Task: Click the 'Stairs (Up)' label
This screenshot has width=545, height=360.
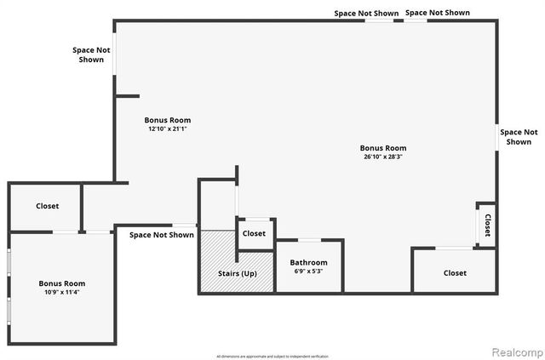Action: tap(238, 273)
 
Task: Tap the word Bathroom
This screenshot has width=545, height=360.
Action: tap(308, 262)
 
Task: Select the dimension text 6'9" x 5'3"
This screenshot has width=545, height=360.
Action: tap(308, 271)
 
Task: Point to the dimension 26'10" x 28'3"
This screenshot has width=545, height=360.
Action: tap(383, 157)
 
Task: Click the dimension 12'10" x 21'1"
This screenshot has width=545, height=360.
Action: tap(169, 129)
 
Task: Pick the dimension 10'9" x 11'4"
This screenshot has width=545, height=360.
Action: tap(62, 292)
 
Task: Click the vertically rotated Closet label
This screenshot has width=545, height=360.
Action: tap(488, 225)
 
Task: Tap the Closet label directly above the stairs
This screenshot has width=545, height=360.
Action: tap(254, 233)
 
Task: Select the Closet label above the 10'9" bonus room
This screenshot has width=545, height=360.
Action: tap(48, 206)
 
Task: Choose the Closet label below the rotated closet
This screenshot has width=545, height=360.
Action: tap(456, 273)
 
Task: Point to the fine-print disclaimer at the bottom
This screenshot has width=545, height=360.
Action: tap(272, 355)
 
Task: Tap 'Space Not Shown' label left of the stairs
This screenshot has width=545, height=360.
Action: tap(162, 235)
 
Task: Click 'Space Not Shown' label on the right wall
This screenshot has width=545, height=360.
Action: tap(519, 137)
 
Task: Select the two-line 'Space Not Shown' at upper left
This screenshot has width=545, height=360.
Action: tap(91, 54)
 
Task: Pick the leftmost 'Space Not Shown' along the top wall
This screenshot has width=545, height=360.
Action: tap(366, 13)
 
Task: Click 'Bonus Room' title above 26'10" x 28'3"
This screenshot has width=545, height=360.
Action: tap(383, 147)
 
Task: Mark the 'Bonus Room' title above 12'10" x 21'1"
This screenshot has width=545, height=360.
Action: tap(169, 120)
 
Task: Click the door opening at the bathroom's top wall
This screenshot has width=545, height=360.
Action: tap(309, 240)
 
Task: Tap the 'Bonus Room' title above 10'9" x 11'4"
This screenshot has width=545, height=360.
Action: tap(62, 283)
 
